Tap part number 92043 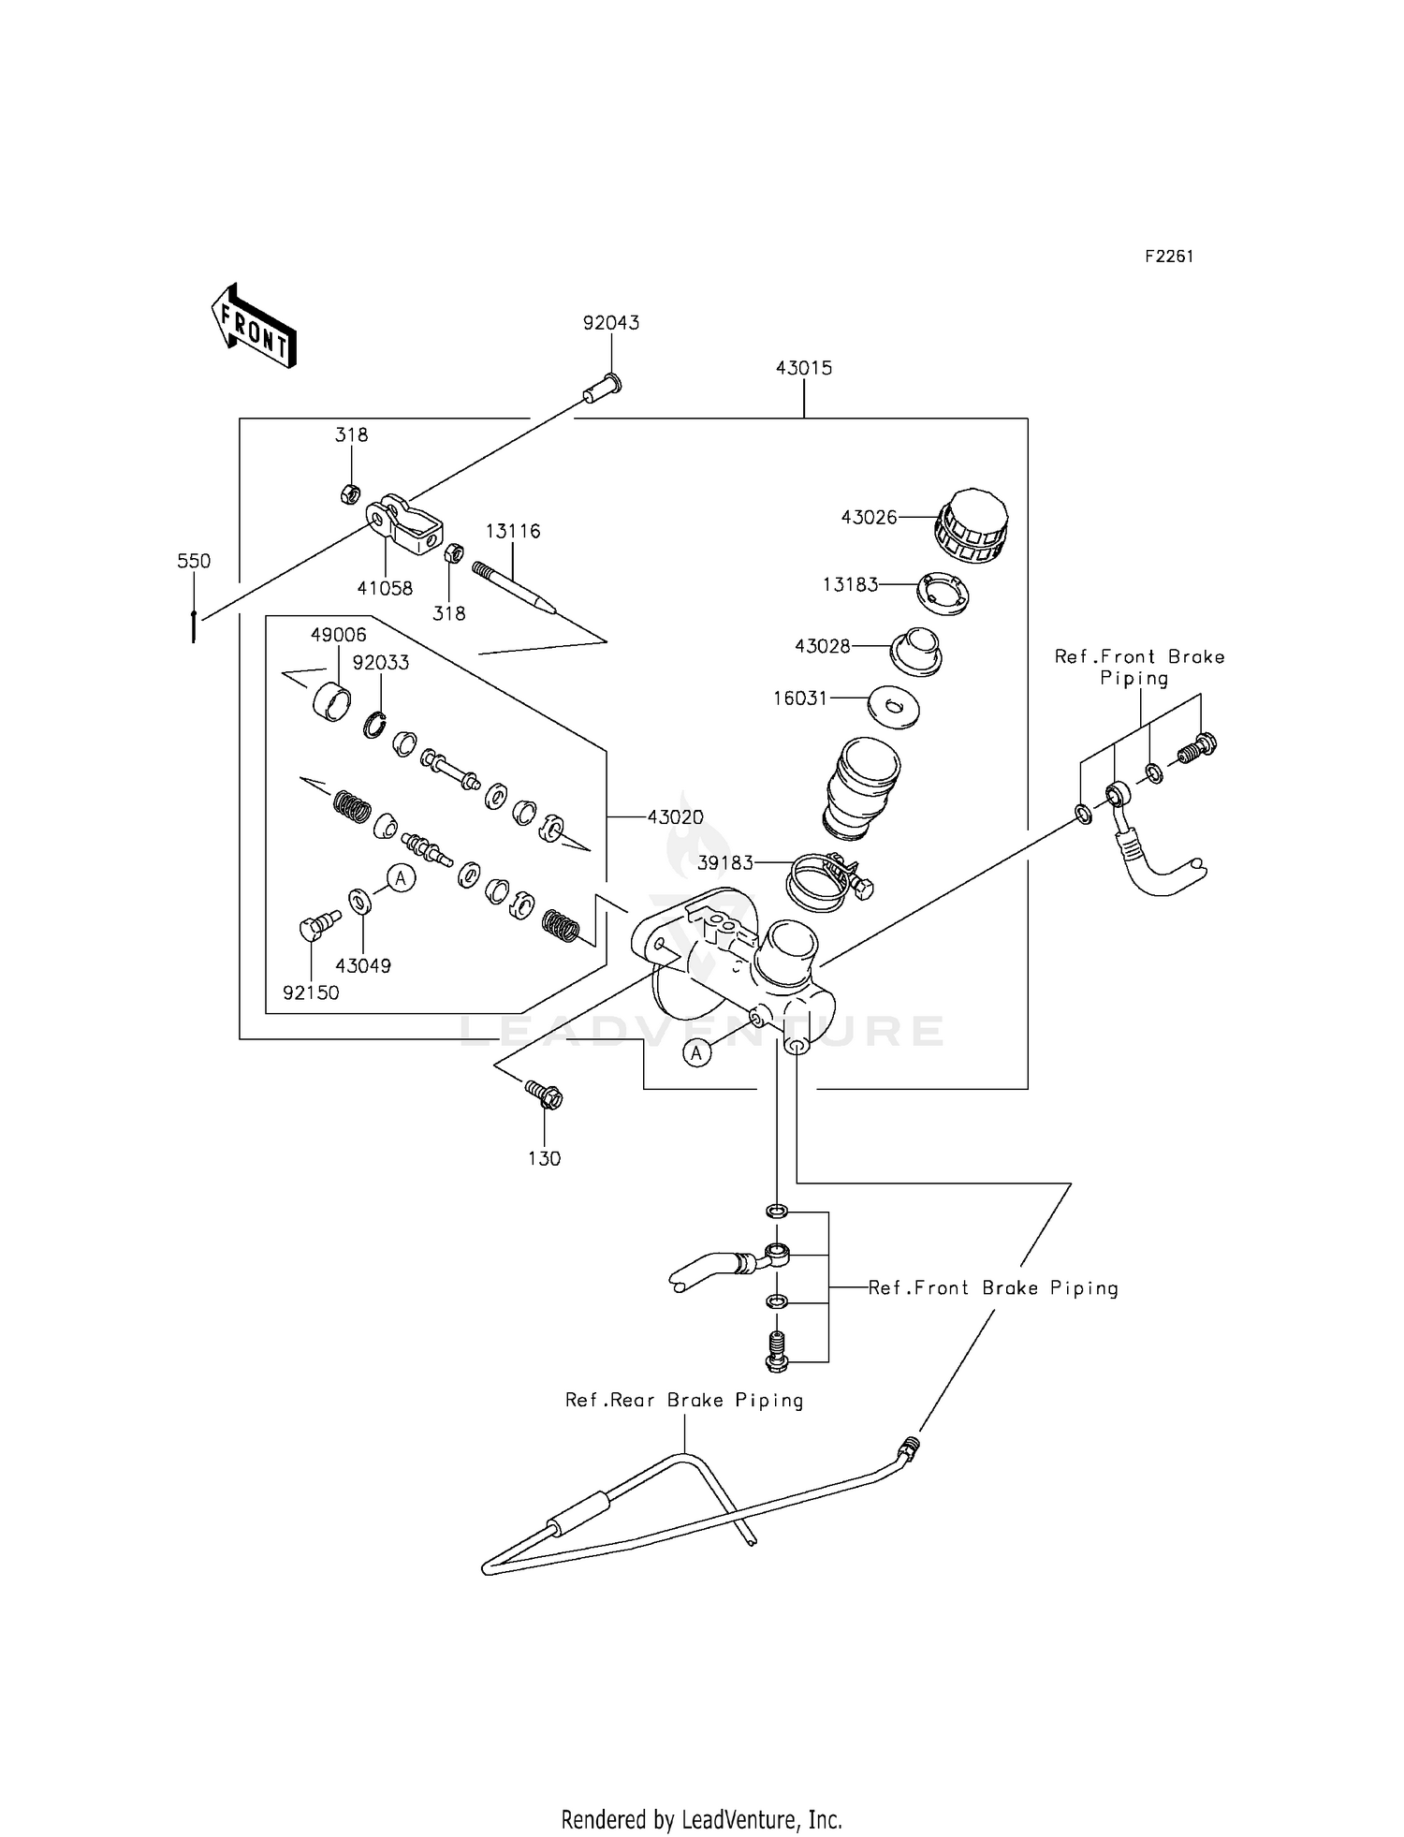pyautogui.click(x=611, y=323)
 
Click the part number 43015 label pyautogui.click(x=804, y=368)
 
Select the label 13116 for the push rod pyautogui.click(x=513, y=531)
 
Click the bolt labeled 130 pyautogui.click(x=544, y=1095)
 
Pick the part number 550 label pyautogui.click(x=194, y=561)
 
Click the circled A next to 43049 pyautogui.click(x=401, y=878)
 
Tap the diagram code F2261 pyautogui.click(x=1169, y=257)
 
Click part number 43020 pyautogui.click(x=675, y=817)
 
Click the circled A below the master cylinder pyautogui.click(x=696, y=1053)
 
